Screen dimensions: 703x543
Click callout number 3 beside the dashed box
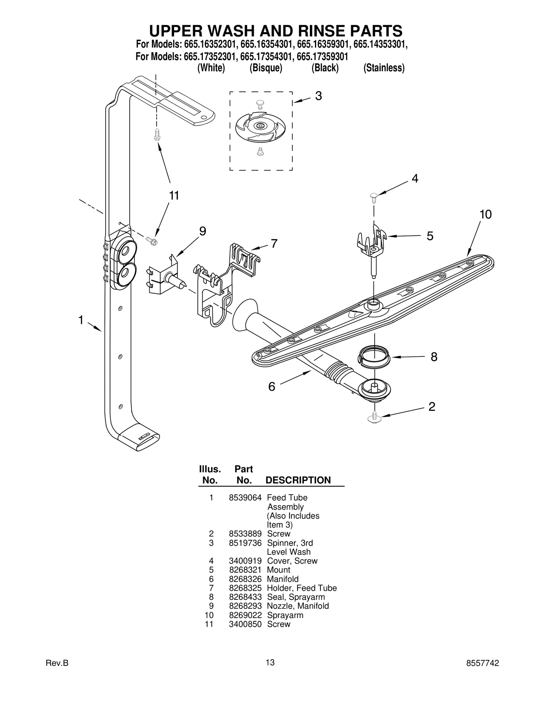[318, 96]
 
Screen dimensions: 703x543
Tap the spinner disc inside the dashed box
[260, 127]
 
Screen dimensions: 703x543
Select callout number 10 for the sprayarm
[485, 214]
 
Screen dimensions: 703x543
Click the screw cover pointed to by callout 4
[374, 196]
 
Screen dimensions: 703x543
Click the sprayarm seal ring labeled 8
[374, 357]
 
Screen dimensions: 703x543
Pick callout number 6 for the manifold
[271, 387]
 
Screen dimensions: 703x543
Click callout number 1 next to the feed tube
[81, 320]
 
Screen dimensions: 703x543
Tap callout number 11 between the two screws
[174, 196]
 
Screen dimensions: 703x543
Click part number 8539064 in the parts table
[245, 498]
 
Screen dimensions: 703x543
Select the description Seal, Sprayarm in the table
[296, 597]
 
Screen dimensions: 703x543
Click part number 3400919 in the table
[245, 561]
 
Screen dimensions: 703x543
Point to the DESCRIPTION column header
[298, 480]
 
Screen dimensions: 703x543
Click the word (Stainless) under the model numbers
[383, 68]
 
